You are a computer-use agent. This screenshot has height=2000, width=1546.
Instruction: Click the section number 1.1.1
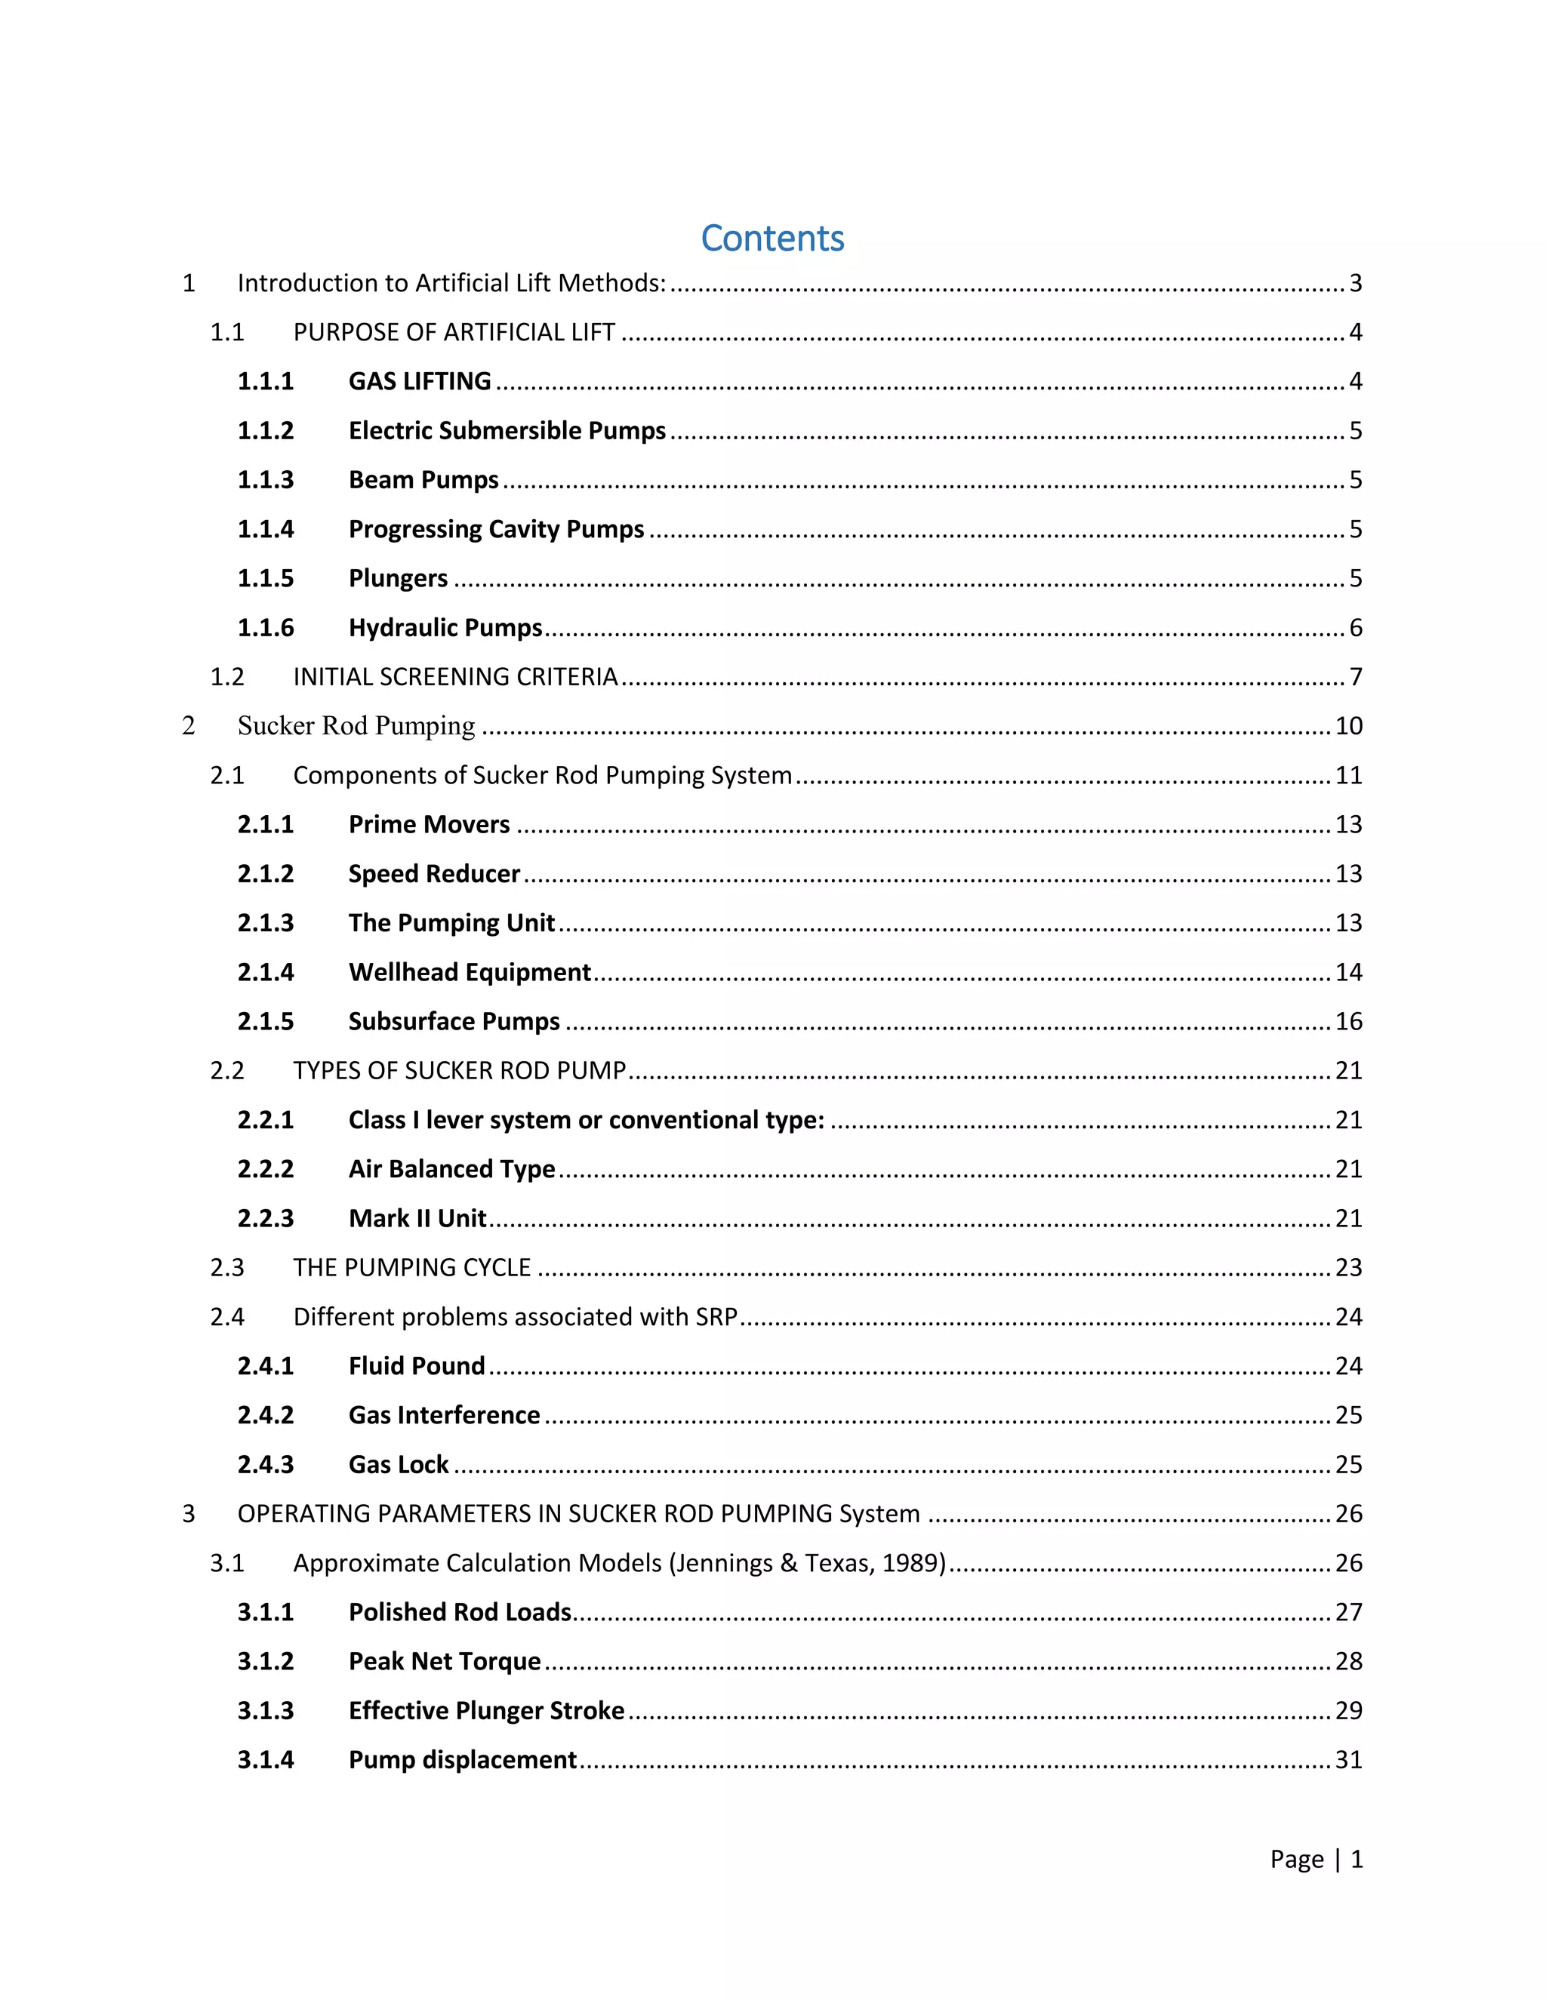266,381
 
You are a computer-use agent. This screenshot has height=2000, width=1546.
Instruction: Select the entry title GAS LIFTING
420,381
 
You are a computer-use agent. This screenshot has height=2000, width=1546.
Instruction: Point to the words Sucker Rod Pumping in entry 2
356,725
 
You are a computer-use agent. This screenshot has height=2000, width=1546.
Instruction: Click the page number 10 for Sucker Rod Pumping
1348,725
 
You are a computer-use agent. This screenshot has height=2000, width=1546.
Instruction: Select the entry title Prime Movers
429,824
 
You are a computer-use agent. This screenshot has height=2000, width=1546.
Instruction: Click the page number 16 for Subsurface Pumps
1348,1021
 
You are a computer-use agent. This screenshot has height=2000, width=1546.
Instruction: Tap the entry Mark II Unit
417,1218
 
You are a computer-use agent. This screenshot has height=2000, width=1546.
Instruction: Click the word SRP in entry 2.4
716,1317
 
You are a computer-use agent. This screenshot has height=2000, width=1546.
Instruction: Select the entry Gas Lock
399,1464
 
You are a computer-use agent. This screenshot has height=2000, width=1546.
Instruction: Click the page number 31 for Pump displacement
1348,1760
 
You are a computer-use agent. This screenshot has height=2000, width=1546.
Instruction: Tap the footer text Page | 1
1316,1859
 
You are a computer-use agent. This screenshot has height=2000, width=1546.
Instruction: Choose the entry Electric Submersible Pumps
507,430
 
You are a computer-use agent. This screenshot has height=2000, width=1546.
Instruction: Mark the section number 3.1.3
266,1711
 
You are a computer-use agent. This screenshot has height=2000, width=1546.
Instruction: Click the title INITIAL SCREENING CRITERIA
455,677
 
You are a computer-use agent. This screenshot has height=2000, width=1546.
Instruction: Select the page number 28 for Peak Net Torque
1348,1661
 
